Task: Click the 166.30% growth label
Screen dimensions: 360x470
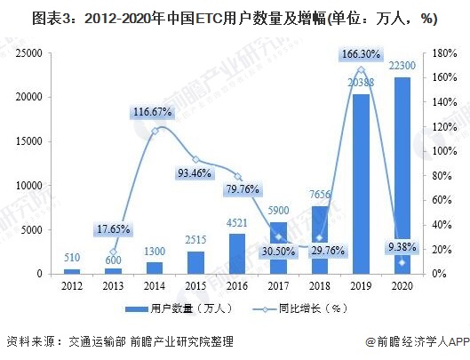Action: (x=362, y=53)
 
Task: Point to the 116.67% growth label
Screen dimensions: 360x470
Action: (x=154, y=113)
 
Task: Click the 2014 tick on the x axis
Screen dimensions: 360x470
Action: (x=155, y=284)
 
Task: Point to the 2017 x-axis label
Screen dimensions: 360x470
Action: (x=278, y=284)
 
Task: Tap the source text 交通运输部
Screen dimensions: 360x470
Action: (x=100, y=342)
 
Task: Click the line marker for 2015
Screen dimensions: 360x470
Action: (x=195, y=159)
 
